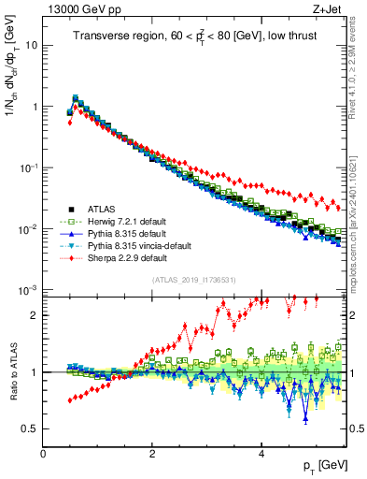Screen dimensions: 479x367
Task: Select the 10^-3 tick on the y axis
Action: (x=28, y=290)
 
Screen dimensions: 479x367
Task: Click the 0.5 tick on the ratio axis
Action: (x=30, y=429)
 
